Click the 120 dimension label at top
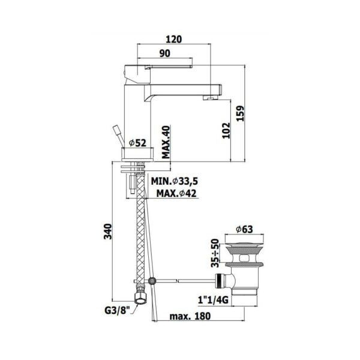pos(173,39)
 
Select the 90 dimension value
pos(165,53)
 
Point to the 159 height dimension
pos(240,113)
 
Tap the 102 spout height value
pos(226,130)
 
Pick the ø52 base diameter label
pos(137,143)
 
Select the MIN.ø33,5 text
pos(174,181)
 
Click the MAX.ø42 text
pos(176,194)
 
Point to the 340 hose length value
pos(107,231)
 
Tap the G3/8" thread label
pos(118,311)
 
